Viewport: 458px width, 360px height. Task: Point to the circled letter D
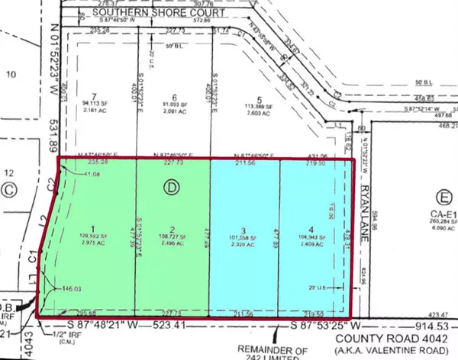[171, 185]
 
